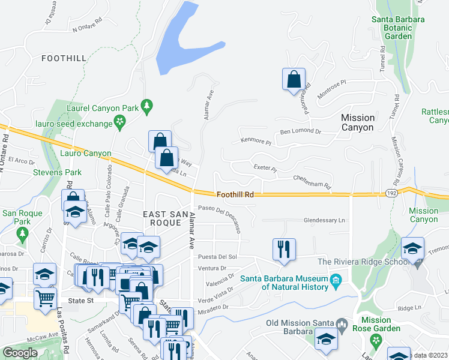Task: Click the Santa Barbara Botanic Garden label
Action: [397, 28]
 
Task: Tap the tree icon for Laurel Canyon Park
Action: [146, 107]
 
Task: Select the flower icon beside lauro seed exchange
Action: [121, 123]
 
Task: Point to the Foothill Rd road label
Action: [235, 194]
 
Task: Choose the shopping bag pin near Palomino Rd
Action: [294, 80]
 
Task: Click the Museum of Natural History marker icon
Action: [336, 280]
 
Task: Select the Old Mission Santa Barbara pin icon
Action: [342, 326]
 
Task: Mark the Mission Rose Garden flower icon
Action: [376, 340]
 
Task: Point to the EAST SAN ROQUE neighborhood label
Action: [161, 218]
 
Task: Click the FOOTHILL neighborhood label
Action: [65, 58]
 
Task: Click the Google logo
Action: [20, 352]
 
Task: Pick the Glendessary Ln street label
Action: [324, 220]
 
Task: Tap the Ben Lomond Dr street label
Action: [301, 131]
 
